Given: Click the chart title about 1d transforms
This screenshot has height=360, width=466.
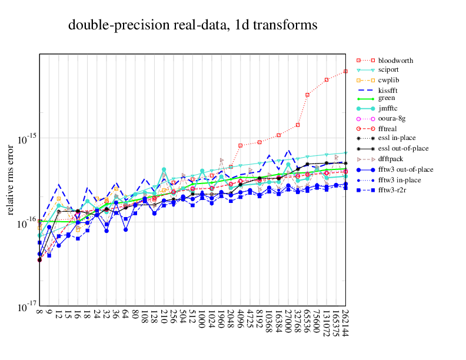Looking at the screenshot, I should [x=192, y=25].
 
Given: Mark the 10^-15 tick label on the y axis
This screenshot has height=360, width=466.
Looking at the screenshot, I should [x=24, y=139].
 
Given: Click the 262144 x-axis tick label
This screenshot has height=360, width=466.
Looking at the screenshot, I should [x=345, y=326].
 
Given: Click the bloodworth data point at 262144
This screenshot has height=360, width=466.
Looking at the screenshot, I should [x=345, y=71].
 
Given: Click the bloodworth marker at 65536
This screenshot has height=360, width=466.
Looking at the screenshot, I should [x=307, y=94].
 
